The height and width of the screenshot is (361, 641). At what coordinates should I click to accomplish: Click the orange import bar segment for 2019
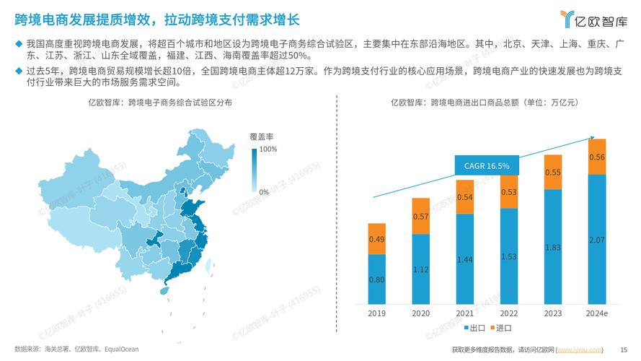coord(376,238)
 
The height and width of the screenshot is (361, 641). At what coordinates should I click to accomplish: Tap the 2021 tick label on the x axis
coord(464,313)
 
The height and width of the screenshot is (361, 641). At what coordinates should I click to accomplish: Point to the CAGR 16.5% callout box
coord(487,166)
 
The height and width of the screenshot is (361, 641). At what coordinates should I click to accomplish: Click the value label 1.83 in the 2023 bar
coord(553,248)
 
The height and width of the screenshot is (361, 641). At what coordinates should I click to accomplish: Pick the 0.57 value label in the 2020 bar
coord(420,217)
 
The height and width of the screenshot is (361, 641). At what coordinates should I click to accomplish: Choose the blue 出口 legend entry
coord(473,328)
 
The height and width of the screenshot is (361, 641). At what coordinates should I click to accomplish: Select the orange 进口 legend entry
coord(499,328)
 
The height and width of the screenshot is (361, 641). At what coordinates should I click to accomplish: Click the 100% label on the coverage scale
coord(268,149)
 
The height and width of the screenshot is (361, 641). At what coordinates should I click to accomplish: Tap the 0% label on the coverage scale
coord(264,192)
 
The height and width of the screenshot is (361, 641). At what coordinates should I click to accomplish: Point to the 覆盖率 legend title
coord(261,136)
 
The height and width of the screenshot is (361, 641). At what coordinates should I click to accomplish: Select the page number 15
coord(624,349)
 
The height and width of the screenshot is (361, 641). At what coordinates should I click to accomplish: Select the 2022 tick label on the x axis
coord(509,313)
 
